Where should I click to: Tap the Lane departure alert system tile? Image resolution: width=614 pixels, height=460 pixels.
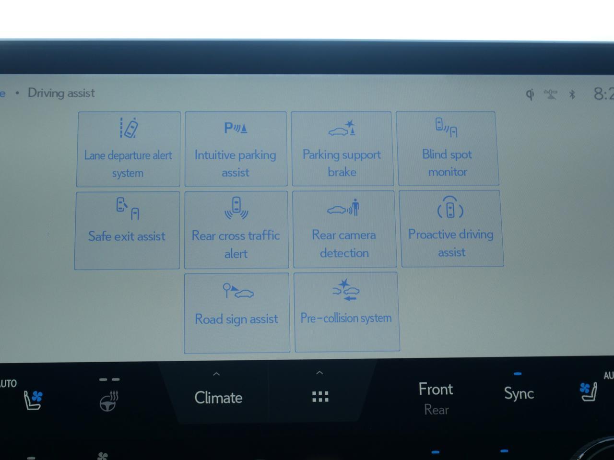pos(128,149)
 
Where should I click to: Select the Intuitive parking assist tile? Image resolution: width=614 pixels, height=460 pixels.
pos(236,149)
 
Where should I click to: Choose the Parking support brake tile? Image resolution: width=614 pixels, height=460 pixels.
pos(342,149)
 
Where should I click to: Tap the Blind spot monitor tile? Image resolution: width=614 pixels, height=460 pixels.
pos(448,148)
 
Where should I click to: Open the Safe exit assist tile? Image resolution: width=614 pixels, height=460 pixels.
pos(127,230)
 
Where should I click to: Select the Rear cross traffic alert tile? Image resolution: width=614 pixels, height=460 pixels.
pos(236,230)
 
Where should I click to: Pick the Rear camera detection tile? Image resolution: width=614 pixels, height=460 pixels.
pos(344,229)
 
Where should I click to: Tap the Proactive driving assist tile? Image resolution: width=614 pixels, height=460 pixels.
pos(451,228)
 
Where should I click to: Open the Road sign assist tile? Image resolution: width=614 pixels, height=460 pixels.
pos(236,313)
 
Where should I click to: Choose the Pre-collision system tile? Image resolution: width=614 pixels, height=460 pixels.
pos(346,312)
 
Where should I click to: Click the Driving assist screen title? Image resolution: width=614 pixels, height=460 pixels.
pos(61,93)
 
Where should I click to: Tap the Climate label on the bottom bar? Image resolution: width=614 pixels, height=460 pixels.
pos(218,398)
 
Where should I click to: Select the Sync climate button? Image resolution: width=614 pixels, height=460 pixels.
pos(519,393)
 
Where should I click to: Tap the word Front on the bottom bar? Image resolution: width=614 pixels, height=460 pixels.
pos(436,389)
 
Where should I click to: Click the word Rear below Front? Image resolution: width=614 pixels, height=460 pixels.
pos(436,410)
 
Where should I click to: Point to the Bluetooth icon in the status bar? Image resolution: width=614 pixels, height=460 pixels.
pos(572,94)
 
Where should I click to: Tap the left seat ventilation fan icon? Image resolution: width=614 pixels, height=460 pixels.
pos(33,399)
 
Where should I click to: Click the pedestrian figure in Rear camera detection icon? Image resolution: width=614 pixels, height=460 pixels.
pos(355,207)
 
